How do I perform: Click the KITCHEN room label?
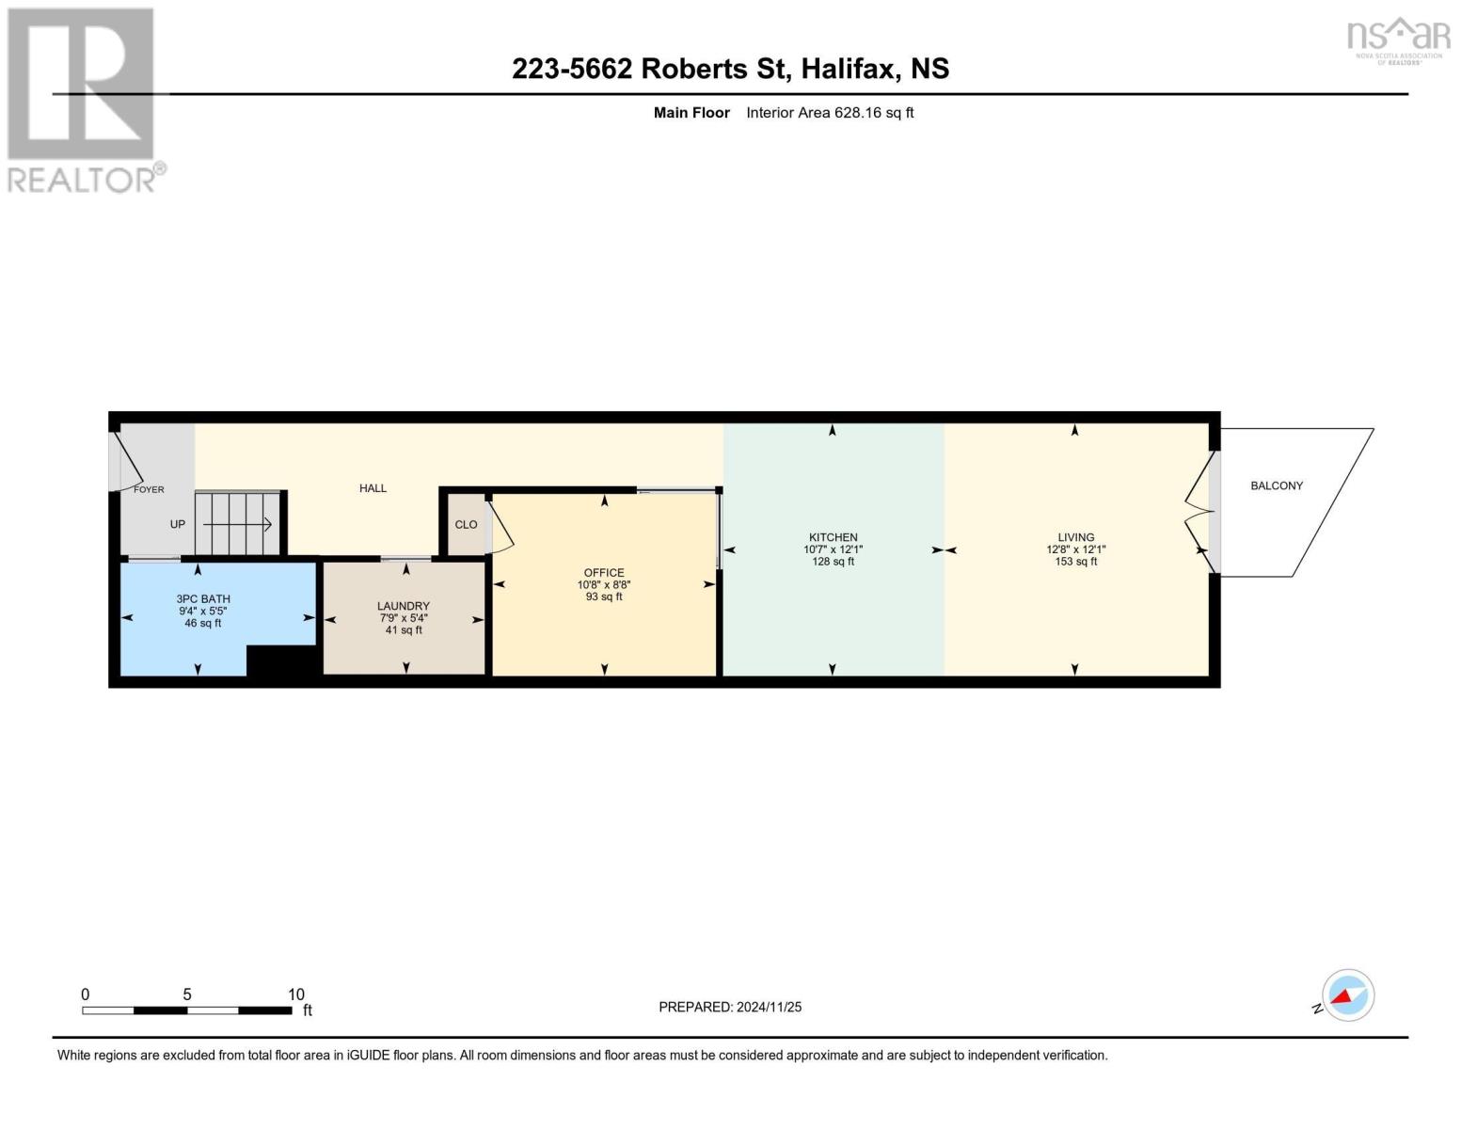(x=833, y=537)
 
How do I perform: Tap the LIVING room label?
(x=1075, y=537)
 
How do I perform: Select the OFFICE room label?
(x=604, y=573)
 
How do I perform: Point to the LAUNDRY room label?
(x=404, y=606)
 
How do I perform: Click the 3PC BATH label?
(x=203, y=598)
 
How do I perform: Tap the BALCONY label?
(x=1276, y=485)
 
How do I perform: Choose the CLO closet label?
(x=466, y=524)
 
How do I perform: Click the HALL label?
(x=373, y=488)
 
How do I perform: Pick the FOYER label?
(x=149, y=489)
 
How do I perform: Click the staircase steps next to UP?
(x=237, y=524)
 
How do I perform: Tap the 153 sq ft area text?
(x=1075, y=562)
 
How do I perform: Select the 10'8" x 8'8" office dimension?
(x=604, y=585)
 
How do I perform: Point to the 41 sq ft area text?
(x=404, y=630)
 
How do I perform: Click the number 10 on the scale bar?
(x=295, y=994)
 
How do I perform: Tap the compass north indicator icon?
(x=1347, y=995)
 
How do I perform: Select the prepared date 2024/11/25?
(x=769, y=1007)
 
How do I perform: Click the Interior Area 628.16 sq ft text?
(x=830, y=113)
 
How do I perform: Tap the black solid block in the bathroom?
(x=282, y=661)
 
